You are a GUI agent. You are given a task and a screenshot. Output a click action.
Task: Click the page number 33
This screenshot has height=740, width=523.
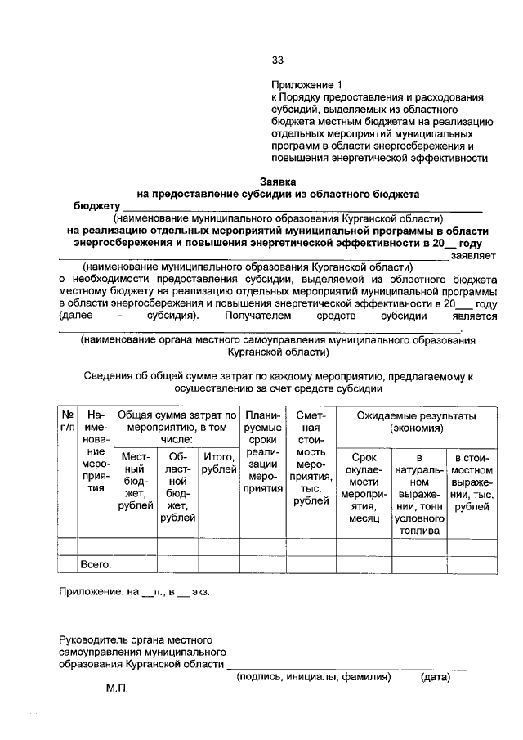pyautogui.click(x=277, y=60)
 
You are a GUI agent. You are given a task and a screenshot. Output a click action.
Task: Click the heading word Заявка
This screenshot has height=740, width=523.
pyautogui.click(x=277, y=181)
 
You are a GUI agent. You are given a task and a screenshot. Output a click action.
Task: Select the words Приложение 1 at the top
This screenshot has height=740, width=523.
pyautogui.click(x=305, y=84)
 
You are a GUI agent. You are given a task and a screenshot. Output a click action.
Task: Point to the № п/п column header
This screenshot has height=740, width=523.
pyautogui.click(x=66, y=421)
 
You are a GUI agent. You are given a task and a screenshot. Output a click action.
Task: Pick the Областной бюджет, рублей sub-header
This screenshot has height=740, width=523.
pyautogui.click(x=178, y=487)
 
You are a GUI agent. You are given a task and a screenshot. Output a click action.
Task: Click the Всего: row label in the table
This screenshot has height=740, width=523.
pyautogui.click(x=96, y=564)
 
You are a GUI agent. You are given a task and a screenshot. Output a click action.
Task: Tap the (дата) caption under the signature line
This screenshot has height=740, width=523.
pyautogui.click(x=436, y=677)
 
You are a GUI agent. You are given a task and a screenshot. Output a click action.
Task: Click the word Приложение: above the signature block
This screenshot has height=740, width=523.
pyautogui.click(x=92, y=591)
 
